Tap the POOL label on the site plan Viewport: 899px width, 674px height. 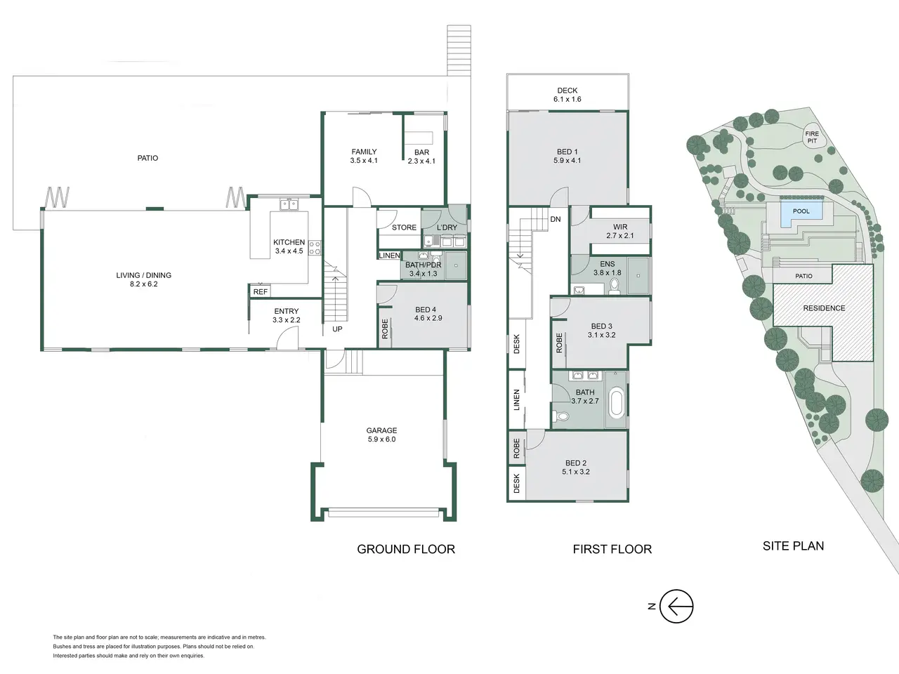(x=801, y=211)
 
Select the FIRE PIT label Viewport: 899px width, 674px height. (x=812, y=137)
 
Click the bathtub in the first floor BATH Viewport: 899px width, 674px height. (x=616, y=403)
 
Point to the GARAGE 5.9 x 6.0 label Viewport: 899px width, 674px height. (x=381, y=435)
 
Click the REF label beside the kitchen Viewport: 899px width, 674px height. (x=260, y=292)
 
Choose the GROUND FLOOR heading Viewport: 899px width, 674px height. (x=406, y=549)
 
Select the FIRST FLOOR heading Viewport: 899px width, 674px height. (x=612, y=549)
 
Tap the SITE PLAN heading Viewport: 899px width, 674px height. (x=793, y=546)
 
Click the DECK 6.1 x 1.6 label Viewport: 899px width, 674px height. (x=567, y=95)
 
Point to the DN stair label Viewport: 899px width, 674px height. (x=556, y=219)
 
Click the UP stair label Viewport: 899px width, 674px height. (x=337, y=329)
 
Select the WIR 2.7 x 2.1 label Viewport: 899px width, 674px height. (x=620, y=231)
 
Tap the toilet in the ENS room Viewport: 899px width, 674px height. (x=615, y=286)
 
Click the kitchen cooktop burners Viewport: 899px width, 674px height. (x=315, y=248)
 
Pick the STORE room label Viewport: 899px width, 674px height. (x=404, y=227)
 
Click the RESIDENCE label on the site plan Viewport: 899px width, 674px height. (x=824, y=308)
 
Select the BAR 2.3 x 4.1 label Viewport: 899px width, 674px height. (x=421, y=157)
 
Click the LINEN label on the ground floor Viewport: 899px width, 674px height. (x=389, y=256)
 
